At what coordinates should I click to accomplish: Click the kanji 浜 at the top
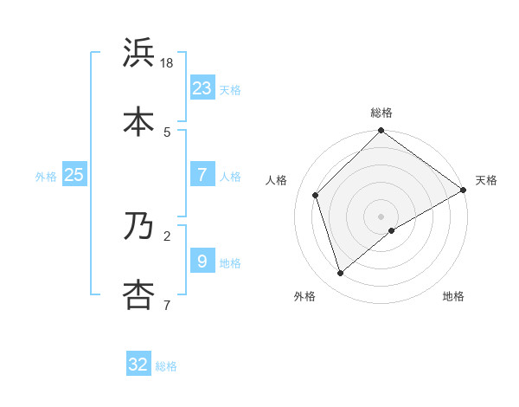pyautogui.click(x=139, y=53)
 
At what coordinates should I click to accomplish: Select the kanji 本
pyautogui.click(x=139, y=121)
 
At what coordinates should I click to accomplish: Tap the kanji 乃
pyautogui.click(x=139, y=226)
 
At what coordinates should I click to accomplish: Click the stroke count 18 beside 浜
pyautogui.click(x=168, y=63)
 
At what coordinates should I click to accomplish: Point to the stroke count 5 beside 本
pyautogui.click(x=167, y=132)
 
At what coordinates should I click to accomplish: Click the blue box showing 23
pyautogui.click(x=202, y=87)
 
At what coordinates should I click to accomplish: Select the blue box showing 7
pyautogui.click(x=202, y=175)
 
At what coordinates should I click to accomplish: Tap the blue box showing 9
pyautogui.click(x=202, y=261)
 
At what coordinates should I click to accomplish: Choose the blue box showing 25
pyautogui.click(x=74, y=175)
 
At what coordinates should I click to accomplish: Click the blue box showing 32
pyautogui.click(x=138, y=365)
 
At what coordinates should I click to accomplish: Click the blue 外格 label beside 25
pyautogui.click(x=46, y=176)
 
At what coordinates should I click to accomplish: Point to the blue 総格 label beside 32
pyautogui.click(x=166, y=366)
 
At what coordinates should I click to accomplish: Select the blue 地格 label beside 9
pyautogui.click(x=230, y=262)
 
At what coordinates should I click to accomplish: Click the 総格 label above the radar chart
pyautogui.click(x=381, y=113)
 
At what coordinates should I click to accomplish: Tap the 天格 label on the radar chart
pyautogui.click(x=486, y=180)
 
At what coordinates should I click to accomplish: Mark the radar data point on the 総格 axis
pyautogui.click(x=381, y=132)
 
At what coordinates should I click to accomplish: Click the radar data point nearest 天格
pyautogui.click(x=464, y=190)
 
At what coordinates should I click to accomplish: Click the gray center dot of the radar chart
pyautogui.click(x=381, y=216)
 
